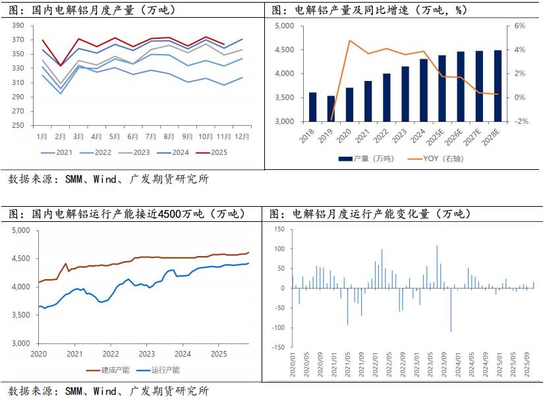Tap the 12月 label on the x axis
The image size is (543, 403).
coord(241,136)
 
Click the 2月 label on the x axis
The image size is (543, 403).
coord(61,136)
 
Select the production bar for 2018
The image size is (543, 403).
coord(312,107)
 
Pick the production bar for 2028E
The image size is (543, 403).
coord(498,86)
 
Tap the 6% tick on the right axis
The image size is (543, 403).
coord(520,26)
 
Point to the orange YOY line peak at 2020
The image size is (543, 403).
coord(350,41)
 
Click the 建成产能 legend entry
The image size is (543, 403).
coord(114,370)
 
